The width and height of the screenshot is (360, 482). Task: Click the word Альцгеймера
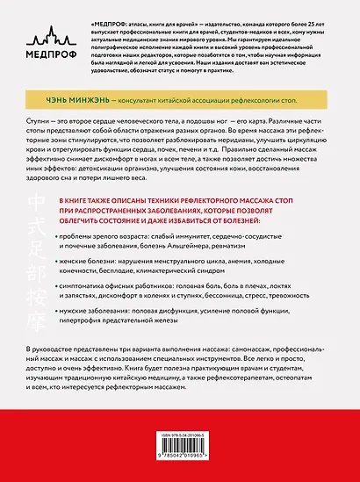point(203,247)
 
